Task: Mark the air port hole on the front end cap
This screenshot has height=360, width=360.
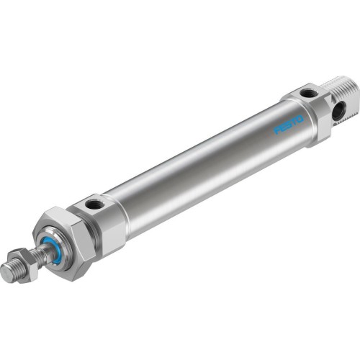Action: (x=94, y=205)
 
